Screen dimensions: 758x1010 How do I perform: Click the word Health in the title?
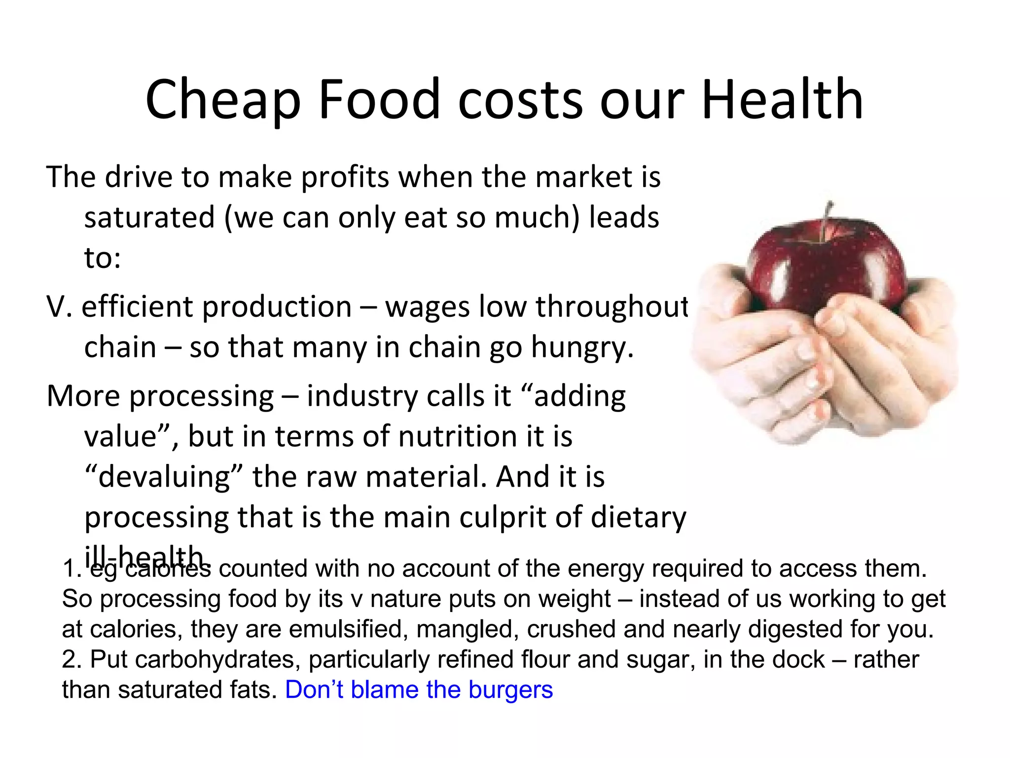(782, 100)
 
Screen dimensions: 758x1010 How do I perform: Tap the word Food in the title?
(379, 100)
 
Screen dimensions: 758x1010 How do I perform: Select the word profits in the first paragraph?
(345, 177)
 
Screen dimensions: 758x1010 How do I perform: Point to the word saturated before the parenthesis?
(149, 218)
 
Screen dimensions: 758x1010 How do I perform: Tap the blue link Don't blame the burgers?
(419, 690)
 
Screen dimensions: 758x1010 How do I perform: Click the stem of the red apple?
(827, 220)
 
